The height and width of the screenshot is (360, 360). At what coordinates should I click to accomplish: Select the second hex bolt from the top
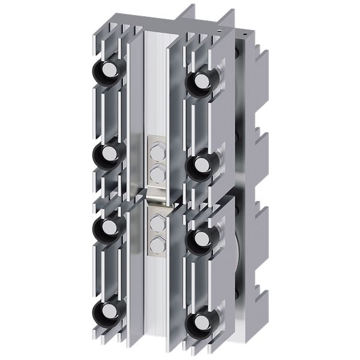tap(158, 173)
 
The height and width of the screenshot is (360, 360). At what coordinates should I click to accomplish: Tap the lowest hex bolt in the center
tap(158, 244)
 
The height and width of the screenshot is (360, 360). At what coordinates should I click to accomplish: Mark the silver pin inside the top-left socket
tap(109, 72)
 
